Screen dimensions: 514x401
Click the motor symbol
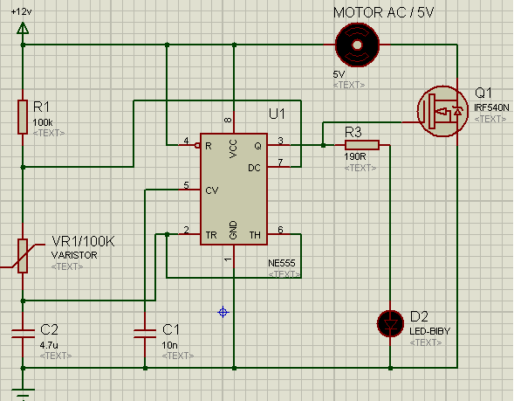[357, 45]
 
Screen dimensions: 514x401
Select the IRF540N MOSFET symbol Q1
[442, 111]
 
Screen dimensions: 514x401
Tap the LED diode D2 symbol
[390, 324]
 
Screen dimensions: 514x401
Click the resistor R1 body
[23, 117]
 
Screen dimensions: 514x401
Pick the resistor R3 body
[362, 145]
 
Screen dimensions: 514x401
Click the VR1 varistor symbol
[23, 256]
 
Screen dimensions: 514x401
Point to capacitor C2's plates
[23, 334]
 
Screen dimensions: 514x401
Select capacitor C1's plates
[145, 334]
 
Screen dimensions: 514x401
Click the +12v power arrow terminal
[23, 28]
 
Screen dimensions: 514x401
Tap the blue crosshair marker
[223, 312]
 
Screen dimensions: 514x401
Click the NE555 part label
[282, 263]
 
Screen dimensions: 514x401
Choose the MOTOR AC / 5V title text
[383, 13]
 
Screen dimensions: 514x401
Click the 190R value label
[354, 156]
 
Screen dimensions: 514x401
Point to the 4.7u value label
[49, 345]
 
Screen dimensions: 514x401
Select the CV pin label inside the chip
[212, 190]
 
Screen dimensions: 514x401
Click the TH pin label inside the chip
[255, 235]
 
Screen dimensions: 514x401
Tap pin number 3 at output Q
[281, 141]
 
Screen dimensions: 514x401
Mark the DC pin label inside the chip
[254, 168]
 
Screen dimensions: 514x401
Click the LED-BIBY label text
[429, 331]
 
